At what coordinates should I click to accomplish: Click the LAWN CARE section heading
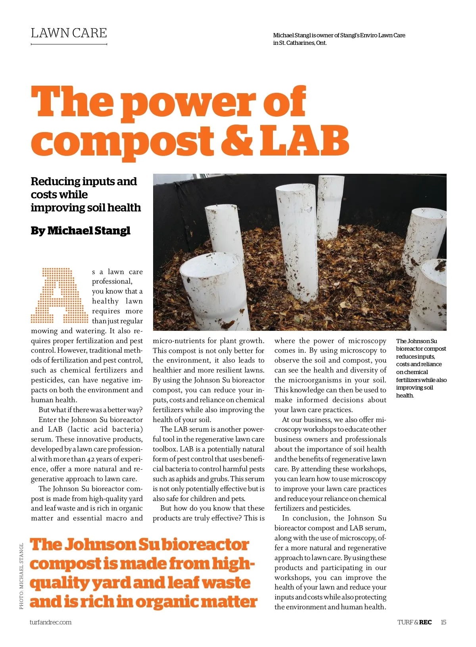point(69,33)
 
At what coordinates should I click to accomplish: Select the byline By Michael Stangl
point(81,230)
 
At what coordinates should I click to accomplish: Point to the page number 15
point(443,622)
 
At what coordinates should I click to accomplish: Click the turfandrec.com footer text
point(50,622)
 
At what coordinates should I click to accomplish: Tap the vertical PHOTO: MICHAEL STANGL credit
point(21,576)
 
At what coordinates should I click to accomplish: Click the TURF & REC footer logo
point(415,622)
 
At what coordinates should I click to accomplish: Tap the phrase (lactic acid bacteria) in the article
point(105,429)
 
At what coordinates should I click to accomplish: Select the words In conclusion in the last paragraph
point(305,518)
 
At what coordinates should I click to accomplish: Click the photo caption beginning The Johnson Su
point(420,368)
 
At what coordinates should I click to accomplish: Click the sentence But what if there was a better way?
point(90,410)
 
